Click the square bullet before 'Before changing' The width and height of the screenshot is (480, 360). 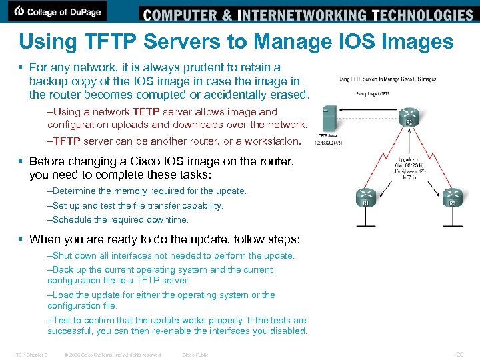23,162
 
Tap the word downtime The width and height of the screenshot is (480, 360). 167,219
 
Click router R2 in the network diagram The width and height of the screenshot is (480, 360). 410,114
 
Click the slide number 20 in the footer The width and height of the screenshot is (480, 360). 459,355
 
